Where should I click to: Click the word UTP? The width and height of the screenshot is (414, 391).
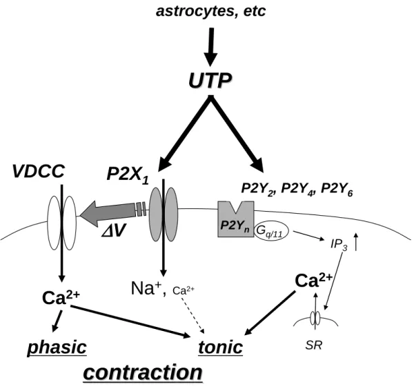(210, 80)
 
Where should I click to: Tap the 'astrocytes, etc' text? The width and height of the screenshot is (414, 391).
(210, 11)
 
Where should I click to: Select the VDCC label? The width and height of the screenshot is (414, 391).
(39, 171)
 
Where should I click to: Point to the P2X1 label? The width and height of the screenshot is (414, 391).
(128, 174)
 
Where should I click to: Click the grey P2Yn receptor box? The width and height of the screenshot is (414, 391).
(236, 219)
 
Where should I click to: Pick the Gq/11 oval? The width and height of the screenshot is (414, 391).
(271, 231)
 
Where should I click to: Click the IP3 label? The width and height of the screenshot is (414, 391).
(339, 245)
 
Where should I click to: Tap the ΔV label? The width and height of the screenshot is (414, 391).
(113, 231)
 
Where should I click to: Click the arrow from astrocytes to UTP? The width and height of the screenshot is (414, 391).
(210, 47)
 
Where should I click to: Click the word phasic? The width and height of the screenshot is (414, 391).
(57, 347)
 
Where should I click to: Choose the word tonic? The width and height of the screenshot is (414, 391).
(221, 347)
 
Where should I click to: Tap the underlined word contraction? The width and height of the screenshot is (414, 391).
(143, 373)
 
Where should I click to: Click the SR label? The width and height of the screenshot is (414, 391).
(314, 345)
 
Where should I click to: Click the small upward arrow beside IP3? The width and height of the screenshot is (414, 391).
(356, 241)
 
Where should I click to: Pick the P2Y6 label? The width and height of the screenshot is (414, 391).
(337, 190)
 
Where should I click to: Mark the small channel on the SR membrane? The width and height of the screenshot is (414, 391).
(315, 318)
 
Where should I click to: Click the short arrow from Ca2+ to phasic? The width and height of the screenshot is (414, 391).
(57, 321)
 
